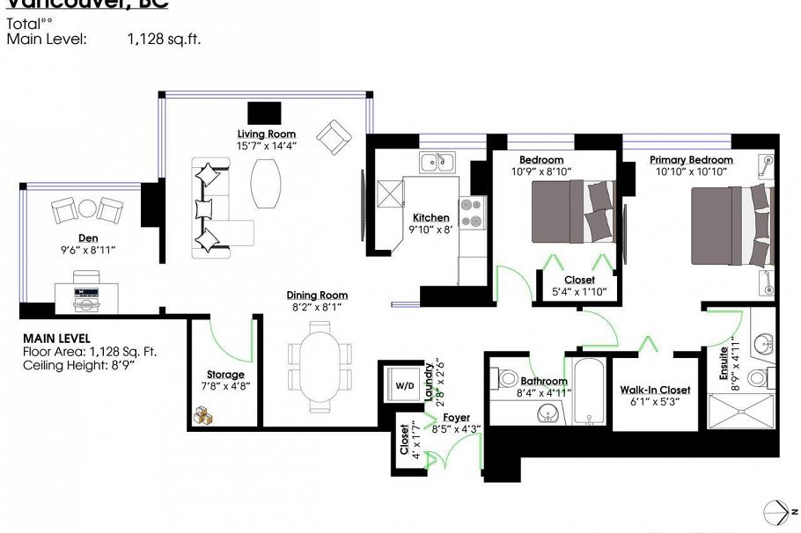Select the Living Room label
pyautogui.click(x=265, y=134)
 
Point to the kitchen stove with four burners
pyautogui.click(x=473, y=212)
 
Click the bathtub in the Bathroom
pyautogui.click(x=588, y=393)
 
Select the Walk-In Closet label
pyautogui.click(x=655, y=390)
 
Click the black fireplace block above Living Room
pyautogui.click(x=264, y=112)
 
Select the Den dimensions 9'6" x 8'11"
pyautogui.click(x=87, y=250)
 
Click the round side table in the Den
pyautogui.click(x=87, y=208)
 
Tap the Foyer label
pyautogui.click(x=456, y=417)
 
